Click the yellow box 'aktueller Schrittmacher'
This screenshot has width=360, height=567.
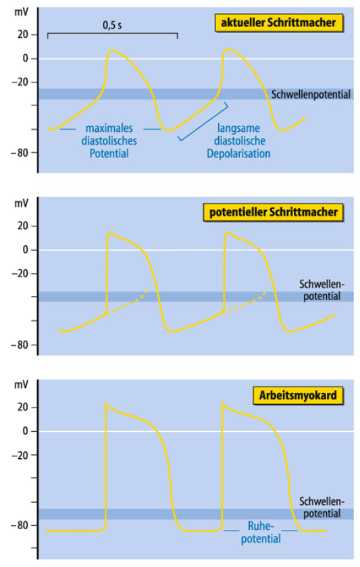tap(279, 23)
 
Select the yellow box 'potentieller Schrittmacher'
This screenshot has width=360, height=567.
tap(274, 212)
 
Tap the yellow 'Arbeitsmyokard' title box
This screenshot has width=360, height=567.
tap(298, 395)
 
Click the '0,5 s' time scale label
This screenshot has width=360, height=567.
tap(112, 25)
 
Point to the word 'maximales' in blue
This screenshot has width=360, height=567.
tap(109, 128)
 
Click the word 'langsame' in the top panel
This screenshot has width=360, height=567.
tap(238, 128)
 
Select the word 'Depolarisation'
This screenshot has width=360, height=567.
tap(238, 153)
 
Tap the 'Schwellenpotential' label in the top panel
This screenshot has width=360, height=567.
tap(311, 95)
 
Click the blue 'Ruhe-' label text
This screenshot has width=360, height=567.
tap(261, 525)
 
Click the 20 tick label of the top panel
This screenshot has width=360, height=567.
tap(22, 34)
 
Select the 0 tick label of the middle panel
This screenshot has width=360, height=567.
tap(25, 249)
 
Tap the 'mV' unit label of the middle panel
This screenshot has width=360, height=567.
tap(21, 203)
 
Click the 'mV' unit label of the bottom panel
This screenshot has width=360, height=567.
tap(21, 385)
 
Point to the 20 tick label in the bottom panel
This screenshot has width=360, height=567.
tap(22, 407)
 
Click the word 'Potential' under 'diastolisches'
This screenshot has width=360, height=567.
tap(109, 153)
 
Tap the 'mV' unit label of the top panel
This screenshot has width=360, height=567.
tap(21, 12)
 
